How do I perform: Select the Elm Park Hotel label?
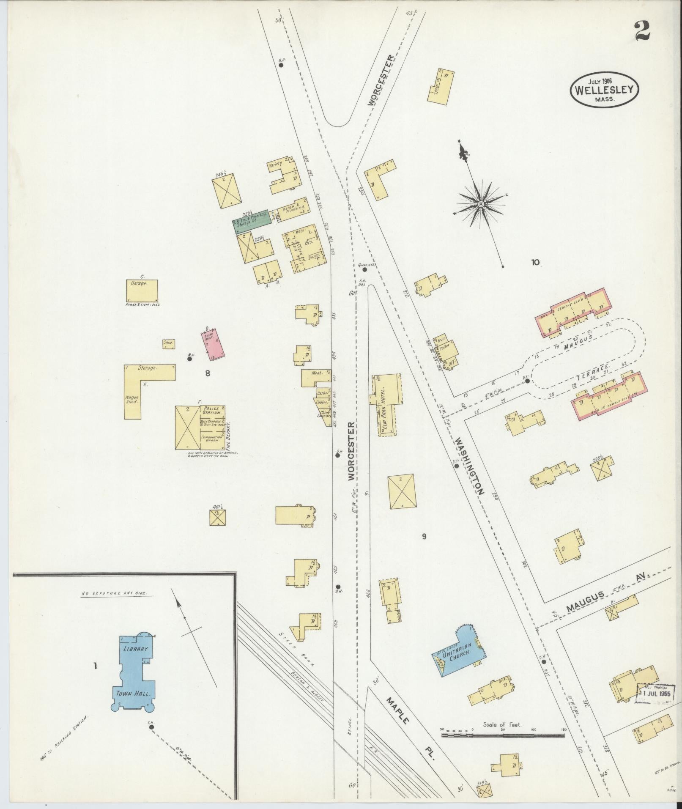click(384, 411)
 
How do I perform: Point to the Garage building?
click(142, 290)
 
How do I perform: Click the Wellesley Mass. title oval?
click(603, 89)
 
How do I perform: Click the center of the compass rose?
click(481, 204)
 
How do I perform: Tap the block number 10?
click(535, 262)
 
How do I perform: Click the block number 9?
click(424, 537)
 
